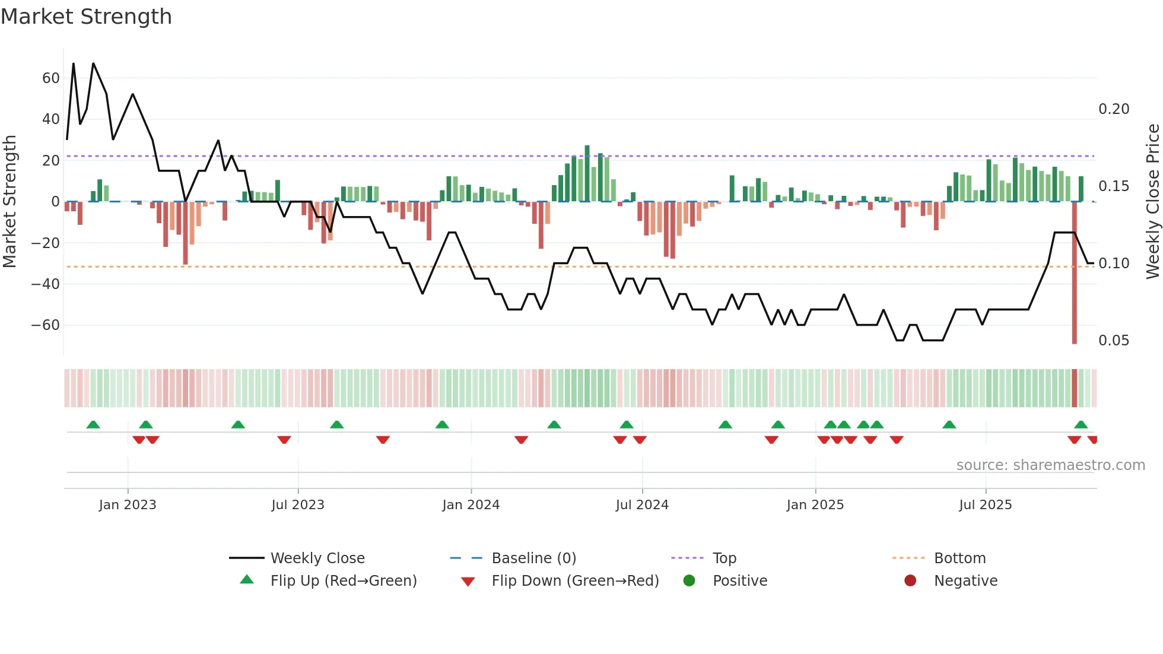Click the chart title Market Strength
(86, 17)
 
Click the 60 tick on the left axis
(50, 78)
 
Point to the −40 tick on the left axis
(46, 284)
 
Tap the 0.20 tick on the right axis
(1114, 109)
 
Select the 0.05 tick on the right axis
(1114, 341)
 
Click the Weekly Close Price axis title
(1152, 201)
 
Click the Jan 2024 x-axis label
(471, 505)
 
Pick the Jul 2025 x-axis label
(985, 505)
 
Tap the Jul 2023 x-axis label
(297, 505)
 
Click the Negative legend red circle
(910, 580)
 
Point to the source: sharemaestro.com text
(1050, 465)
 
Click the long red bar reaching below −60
(1074, 273)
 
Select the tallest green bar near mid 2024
(587, 173)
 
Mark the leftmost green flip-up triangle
(93, 424)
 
